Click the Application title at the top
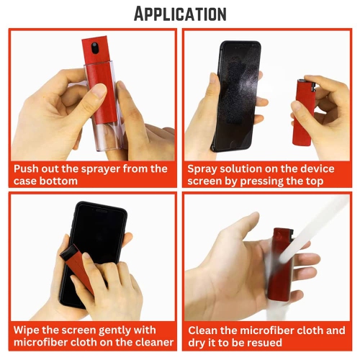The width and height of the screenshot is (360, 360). click(x=179, y=13)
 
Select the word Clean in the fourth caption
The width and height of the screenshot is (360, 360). click(x=204, y=330)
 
